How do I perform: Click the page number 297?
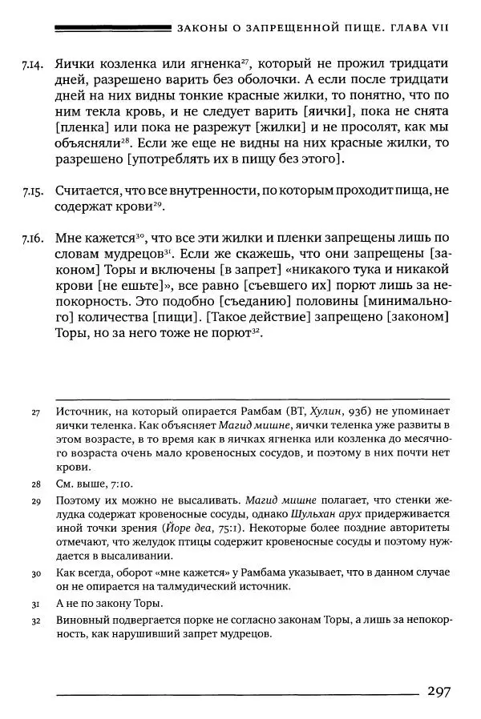[x=443, y=691]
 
